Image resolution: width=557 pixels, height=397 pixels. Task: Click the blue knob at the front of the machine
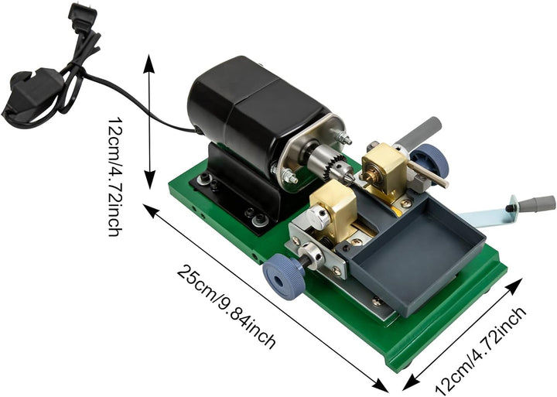point(284,277)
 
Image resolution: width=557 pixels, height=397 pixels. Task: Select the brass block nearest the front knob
point(334,210)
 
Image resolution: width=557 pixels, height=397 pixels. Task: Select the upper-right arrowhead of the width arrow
point(514,286)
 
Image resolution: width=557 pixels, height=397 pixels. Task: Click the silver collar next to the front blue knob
point(311,255)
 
